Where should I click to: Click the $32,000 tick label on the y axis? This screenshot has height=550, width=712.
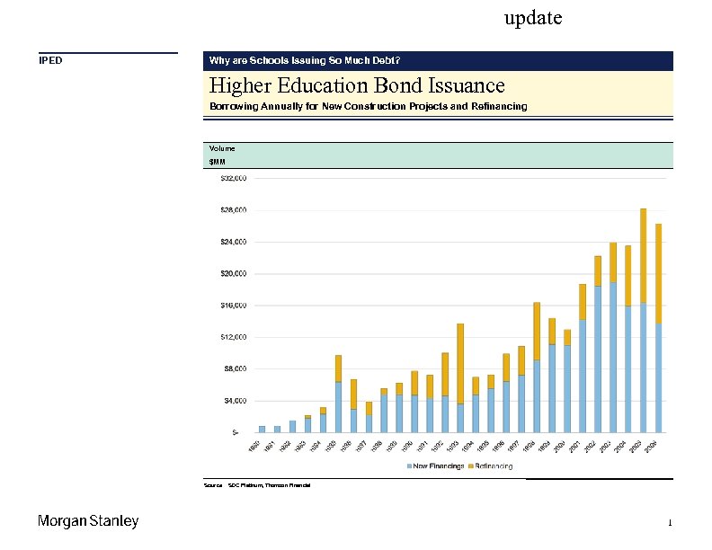(234, 179)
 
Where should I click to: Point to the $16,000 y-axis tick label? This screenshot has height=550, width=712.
(234, 306)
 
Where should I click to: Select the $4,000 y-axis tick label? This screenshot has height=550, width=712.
(236, 400)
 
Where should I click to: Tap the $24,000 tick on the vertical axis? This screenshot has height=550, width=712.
(234, 242)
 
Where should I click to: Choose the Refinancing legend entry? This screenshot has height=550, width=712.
(491, 466)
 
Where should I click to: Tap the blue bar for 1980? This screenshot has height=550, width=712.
(262, 429)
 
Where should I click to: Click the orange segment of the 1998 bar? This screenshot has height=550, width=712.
(537, 332)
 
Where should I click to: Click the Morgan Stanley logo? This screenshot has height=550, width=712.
(88, 521)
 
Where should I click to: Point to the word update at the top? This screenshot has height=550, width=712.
(533, 18)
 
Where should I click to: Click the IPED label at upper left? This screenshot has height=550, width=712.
(50, 61)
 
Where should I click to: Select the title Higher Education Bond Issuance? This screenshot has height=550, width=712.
(357, 85)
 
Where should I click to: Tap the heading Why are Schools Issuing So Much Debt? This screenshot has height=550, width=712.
(305, 61)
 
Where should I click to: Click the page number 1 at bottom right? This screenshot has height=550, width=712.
(670, 523)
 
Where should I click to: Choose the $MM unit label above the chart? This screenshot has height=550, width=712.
(217, 162)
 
